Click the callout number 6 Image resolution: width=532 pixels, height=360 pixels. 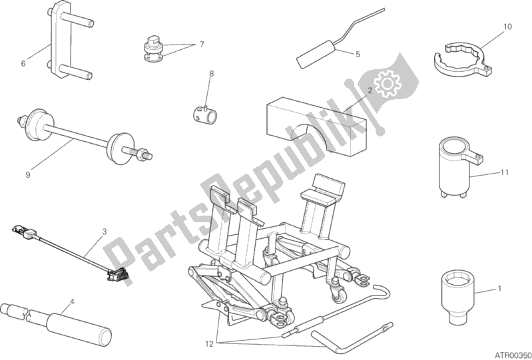(x=23, y=63)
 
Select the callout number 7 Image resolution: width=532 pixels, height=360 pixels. (x=202, y=45)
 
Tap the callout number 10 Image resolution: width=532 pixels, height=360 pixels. (x=507, y=27)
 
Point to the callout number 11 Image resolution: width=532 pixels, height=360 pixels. (x=505, y=172)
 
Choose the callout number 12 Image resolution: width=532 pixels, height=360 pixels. (x=209, y=344)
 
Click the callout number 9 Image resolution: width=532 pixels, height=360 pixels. (x=28, y=174)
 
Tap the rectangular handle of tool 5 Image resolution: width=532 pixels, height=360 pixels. (x=315, y=55)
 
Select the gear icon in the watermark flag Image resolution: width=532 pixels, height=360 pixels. (x=387, y=83)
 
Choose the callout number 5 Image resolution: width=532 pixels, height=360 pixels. (x=358, y=55)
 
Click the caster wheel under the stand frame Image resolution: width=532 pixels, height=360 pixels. (x=338, y=295)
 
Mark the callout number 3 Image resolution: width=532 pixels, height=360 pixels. (x=105, y=232)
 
